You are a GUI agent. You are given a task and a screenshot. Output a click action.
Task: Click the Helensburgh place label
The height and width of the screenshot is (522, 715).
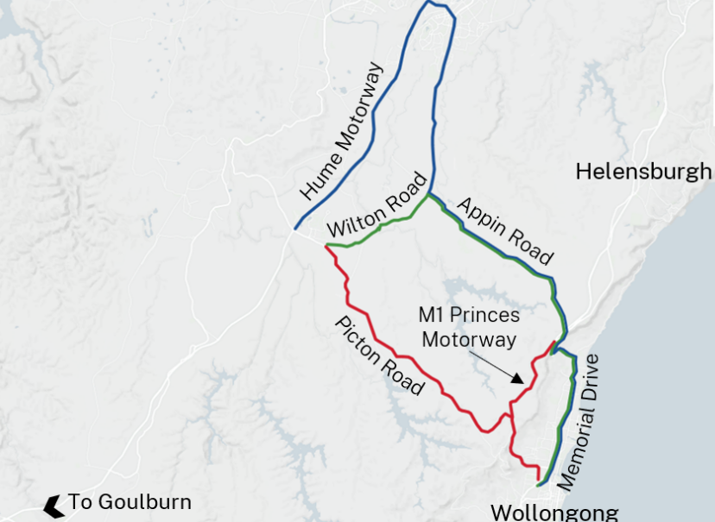(643, 171)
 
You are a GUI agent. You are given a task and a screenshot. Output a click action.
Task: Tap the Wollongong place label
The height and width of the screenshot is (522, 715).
(554, 512)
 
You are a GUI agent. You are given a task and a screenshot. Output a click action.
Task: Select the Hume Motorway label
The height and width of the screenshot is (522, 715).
(341, 131)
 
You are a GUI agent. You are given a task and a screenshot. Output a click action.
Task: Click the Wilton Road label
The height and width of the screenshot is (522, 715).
(377, 206)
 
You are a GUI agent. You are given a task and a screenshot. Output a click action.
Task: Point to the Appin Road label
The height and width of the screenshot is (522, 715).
(503, 230)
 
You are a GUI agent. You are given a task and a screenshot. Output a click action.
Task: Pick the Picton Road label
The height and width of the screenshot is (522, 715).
(379, 355)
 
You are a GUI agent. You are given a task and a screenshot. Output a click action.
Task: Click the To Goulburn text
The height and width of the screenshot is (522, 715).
(130, 501)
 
